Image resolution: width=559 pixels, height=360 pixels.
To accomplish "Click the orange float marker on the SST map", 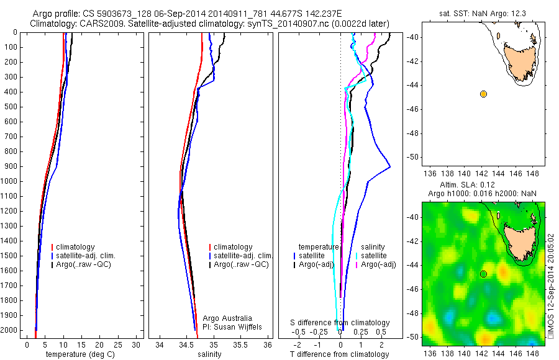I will (483, 94).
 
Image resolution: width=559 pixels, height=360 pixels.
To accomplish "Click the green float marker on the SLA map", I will (483, 274).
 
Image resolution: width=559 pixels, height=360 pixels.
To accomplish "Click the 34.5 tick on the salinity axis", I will (186, 344).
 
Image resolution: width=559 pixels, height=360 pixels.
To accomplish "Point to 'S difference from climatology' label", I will (340, 323).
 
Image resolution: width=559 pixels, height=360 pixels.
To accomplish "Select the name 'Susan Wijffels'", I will (222, 327).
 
